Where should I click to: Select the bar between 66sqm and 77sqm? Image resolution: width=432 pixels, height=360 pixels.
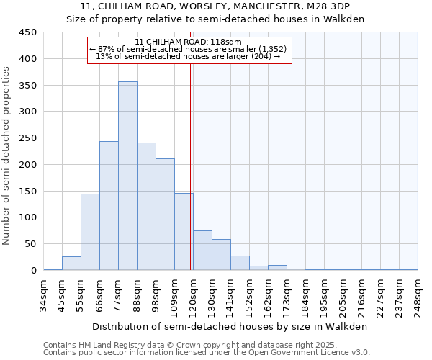(x=109, y=206)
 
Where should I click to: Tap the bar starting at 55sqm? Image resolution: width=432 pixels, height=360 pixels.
(x=90, y=232)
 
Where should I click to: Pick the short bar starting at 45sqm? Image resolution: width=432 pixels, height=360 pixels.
(x=71, y=264)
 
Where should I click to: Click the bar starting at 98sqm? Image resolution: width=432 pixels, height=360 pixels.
(x=165, y=215)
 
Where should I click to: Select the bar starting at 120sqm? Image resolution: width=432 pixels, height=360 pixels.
(x=202, y=251)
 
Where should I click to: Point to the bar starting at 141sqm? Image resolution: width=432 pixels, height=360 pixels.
(x=240, y=263)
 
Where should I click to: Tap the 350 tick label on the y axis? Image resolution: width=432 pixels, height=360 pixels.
(x=28, y=86)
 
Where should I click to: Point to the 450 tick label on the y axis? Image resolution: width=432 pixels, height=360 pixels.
(x=28, y=32)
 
